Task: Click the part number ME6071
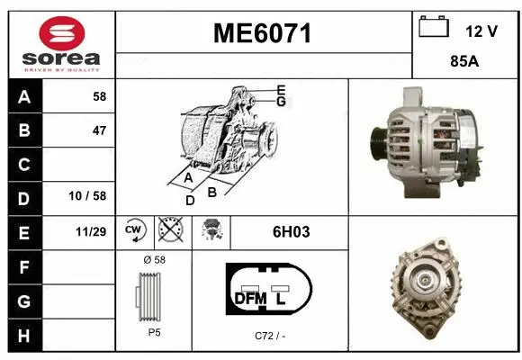click(x=262, y=33)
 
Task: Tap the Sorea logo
click(x=60, y=42)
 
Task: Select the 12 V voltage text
click(x=481, y=31)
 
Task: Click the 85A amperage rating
click(x=465, y=63)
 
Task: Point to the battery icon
click(x=434, y=28)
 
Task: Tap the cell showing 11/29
click(x=92, y=231)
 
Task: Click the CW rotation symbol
click(x=135, y=230)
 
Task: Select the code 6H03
click(x=291, y=231)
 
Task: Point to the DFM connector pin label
click(x=251, y=298)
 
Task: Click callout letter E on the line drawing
click(x=281, y=90)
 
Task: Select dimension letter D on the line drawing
click(x=190, y=201)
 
